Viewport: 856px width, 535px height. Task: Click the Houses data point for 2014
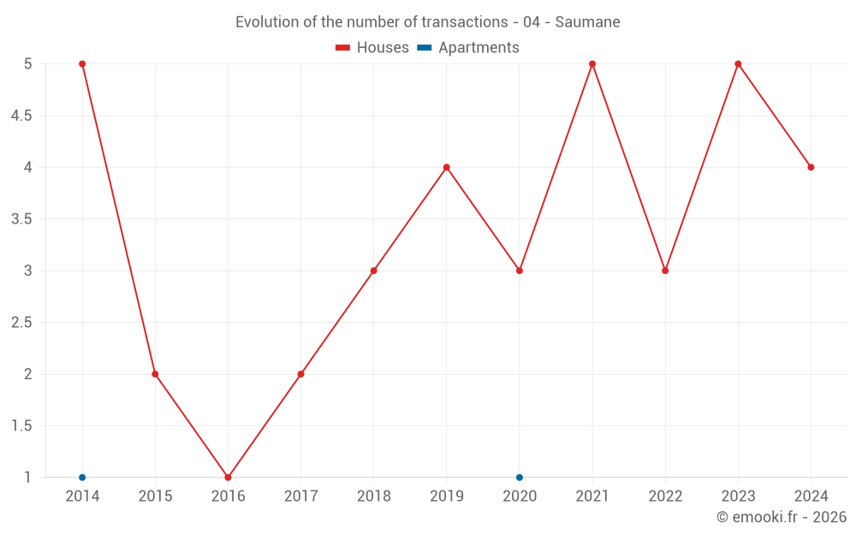click(x=82, y=64)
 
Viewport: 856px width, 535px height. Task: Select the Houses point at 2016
click(x=228, y=477)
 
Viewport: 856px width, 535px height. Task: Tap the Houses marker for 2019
click(x=447, y=167)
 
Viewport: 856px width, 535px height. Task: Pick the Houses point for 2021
click(x=592, y=64)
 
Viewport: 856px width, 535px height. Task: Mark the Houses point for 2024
click(x=811, y=167)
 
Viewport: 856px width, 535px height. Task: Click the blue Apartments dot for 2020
click(x=520, y=477)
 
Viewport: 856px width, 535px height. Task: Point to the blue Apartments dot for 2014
click(x=82, y=477)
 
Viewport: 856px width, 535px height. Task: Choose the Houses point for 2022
click(x=665, y=270)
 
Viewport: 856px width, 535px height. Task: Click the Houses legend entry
click(x=372, y=48)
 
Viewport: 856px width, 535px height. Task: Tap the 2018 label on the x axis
click(x=374, y=496)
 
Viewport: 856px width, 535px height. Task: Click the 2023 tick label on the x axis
click(x=738, y=496)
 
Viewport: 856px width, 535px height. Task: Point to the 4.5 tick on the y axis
click(x=21, y=116)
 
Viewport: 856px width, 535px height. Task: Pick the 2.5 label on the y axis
click(x=21, y=323)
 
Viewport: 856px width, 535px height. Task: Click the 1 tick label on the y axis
click(x=28, y=477)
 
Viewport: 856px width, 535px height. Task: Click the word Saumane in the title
click(x=587, y=22)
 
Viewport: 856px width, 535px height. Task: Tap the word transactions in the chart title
click(x=464, y=22)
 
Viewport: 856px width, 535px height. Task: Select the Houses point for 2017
click(x=300, y=374)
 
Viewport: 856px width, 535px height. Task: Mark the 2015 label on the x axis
click(x=155, y=496)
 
